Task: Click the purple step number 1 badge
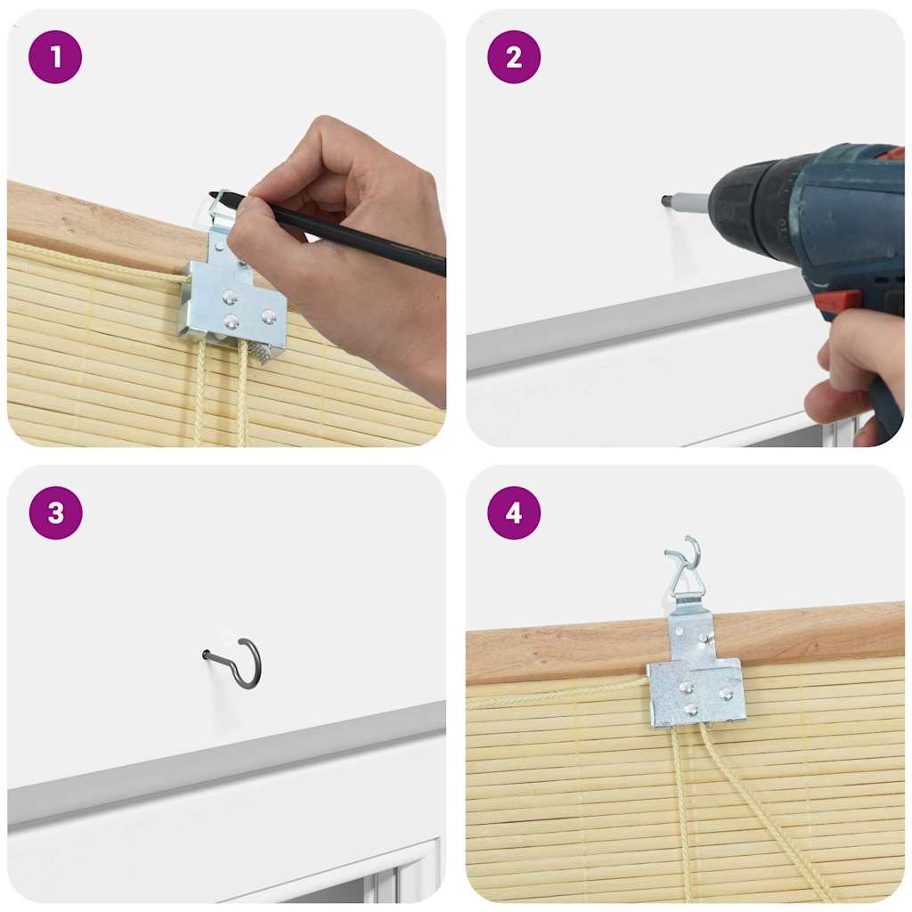click(x=55, y=57)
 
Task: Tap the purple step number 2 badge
click(x=513, y=57)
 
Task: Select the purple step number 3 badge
click(x=55, y=513)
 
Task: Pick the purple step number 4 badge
click(x=513, y=513)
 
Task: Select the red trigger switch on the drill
click(x=838, y=302)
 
